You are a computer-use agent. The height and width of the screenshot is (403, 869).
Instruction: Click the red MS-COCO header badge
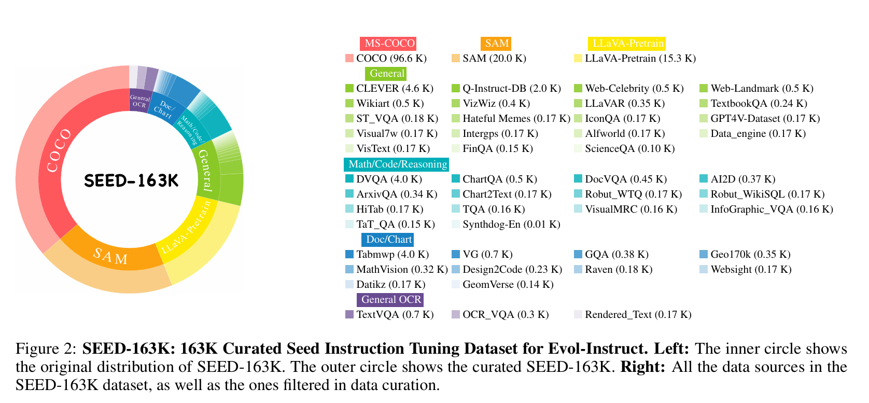[x=388, y=44]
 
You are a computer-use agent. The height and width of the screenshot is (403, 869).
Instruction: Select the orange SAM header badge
[x=496, y=44]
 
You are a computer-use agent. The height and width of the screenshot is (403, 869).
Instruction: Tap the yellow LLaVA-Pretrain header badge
[x=627, y=44]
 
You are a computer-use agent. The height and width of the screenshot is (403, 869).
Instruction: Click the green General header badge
[x=386, y=74]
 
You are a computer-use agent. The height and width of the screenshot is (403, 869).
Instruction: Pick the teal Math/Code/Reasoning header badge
[x=397, y=164]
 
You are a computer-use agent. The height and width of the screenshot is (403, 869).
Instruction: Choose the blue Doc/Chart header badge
[x=388, y=240]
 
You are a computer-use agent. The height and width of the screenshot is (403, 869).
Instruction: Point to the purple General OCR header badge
[x=390, y=300]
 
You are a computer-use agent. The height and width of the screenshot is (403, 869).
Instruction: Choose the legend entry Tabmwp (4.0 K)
[x=392, y=255]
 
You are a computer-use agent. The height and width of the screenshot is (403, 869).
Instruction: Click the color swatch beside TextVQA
[x=349, y=315]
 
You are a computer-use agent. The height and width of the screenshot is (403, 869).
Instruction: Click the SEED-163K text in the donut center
[x=131, y=180]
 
